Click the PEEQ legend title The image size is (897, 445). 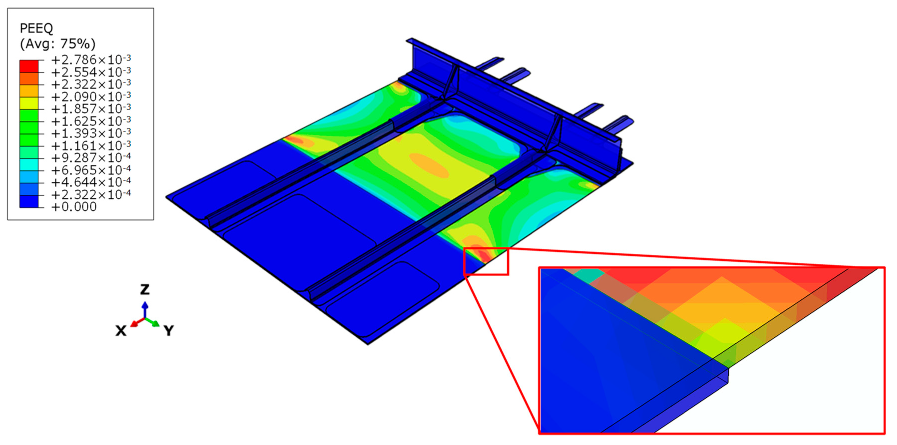(36, 28)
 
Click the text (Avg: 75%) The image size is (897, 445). (57, 44)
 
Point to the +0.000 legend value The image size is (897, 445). (74, 207)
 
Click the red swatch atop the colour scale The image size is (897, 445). (29, 66)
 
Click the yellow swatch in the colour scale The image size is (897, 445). (29, 103)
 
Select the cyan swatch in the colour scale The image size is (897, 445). (29, 164)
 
